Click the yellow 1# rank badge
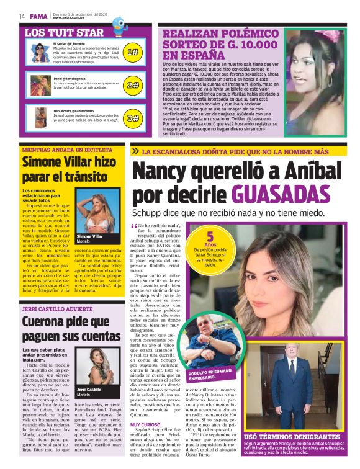coord(132,53)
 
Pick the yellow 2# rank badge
coord(132,85)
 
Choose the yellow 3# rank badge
coord(132,117)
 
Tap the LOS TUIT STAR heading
coord(64,33)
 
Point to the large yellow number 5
coord(210,236)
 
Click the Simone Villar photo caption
coord(89,239)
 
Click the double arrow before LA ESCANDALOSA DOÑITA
coord(135,151)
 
